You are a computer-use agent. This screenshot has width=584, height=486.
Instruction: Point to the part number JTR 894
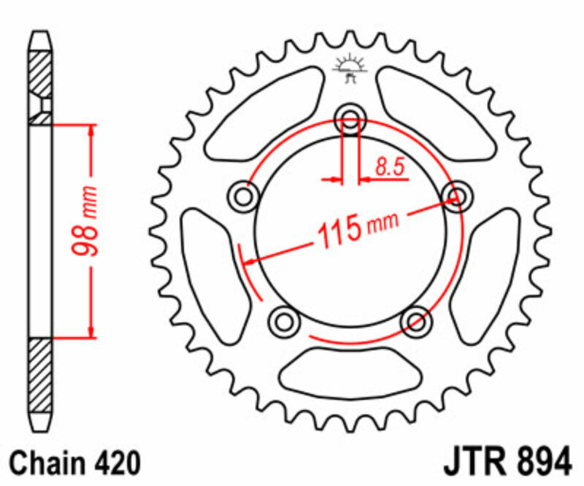(507, 463)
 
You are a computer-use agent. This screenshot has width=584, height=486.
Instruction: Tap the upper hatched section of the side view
(41, 77)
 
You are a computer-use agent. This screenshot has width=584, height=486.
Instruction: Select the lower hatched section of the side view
(41, 376)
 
